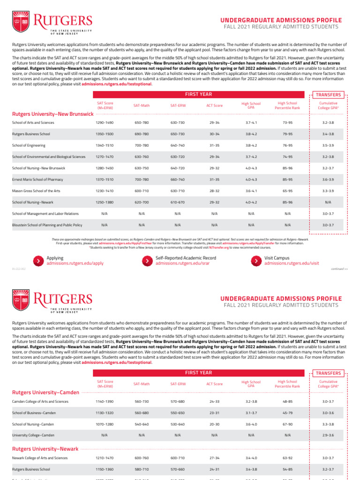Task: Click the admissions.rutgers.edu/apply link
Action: tap(75, 263)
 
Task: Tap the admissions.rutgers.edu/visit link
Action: tap(292, 263)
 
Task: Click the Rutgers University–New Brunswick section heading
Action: tap(53, 114)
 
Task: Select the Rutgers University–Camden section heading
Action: tap(45, 392)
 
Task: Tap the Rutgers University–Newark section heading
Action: tap(45, 449)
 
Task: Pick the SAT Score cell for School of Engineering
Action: tap(105, 145)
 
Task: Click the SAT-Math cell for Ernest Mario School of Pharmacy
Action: tap(142, 179)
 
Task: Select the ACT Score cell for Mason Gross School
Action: tap(215, 190)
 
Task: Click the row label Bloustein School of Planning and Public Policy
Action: tap(47, 225)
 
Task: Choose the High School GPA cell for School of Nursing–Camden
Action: tap(251, 424)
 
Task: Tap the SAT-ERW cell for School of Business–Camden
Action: tap(178, 412)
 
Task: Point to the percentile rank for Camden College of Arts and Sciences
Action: tap(287, 401)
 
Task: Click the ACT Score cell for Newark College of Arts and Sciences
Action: tap(215, 457)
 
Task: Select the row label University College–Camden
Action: tap(33, 435)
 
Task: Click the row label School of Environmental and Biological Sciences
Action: tap(49, 157)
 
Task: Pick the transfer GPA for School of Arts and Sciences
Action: tap(328, 122)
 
